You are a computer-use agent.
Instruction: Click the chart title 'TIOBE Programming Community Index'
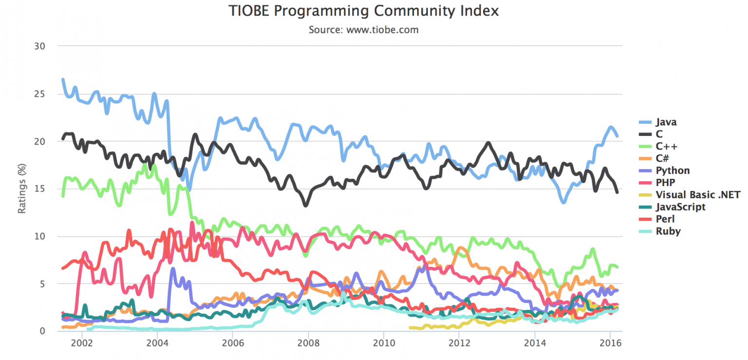[x=363, y=11]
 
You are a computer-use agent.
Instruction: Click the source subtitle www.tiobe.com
[x=363, y=30]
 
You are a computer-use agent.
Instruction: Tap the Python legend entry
[x=673, y=171]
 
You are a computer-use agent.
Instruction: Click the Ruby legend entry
[x=668, y=231]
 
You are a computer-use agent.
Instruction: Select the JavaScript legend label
[x=680, y=207]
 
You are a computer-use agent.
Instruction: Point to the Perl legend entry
[x=665, y=219]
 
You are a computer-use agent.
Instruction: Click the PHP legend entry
[x=665, y=183]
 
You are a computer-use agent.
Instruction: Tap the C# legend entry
[x=662, y=158]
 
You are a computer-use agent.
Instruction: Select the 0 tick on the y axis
[x=42, y=331]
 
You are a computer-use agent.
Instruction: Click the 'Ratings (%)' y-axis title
[x=22, y=189]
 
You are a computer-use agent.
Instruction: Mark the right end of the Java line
[x=617, y=136]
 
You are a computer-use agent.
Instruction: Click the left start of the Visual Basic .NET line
[x=410, y=328]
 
